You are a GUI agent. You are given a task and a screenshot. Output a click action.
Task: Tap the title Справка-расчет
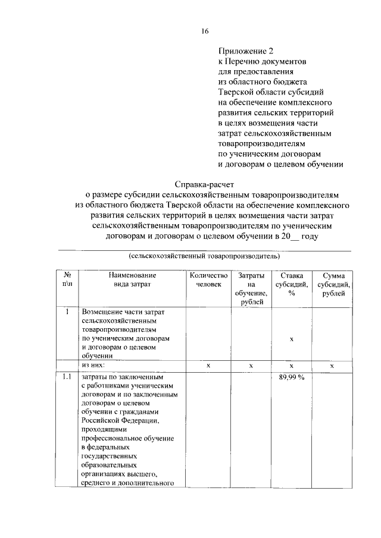tap(204, 185)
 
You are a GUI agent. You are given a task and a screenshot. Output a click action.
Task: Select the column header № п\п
tap(68, 280)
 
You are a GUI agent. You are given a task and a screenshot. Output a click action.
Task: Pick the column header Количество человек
tap(208, 280)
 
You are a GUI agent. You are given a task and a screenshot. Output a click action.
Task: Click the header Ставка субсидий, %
tap(292, 284)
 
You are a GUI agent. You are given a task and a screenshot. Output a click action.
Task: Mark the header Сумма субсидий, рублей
tap(332, 284)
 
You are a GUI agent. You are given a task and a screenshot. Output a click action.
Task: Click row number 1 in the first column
tap(68, 312)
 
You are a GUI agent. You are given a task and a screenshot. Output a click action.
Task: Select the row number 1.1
tap(68, 376)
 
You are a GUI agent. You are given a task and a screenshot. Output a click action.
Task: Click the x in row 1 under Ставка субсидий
tap(292, 338)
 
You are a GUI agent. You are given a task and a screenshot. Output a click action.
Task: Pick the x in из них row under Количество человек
tap(208, 366)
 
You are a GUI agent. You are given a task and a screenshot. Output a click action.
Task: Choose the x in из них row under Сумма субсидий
tap(332, 366)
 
